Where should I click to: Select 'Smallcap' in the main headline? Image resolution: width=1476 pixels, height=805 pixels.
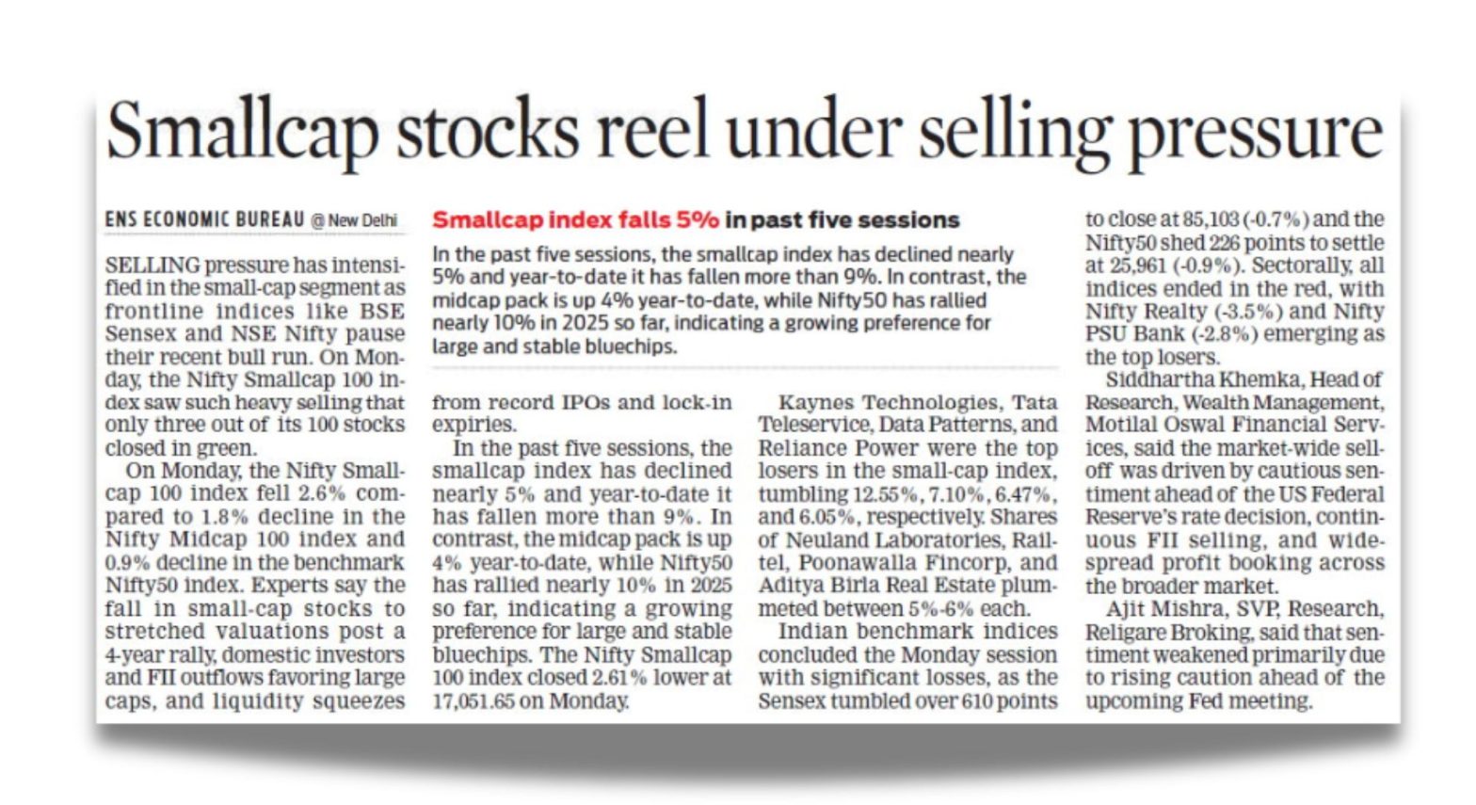tap(243, 134)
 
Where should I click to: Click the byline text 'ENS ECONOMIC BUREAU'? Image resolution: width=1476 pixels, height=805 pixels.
tap(204, 219)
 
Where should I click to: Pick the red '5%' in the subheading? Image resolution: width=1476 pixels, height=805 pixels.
tap(697, 220)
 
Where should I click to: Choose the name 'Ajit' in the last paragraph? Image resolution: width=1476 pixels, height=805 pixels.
tap(1127, 608)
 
